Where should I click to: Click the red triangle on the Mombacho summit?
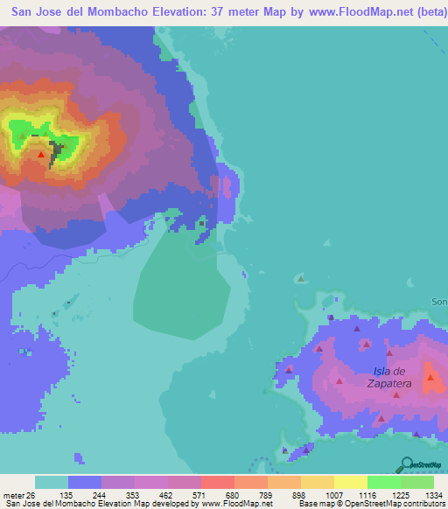click(41, 154)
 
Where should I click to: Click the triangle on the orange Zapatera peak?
click(430, 378)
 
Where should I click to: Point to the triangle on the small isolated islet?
click(300, 279)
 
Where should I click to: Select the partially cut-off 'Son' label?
click(439, 302)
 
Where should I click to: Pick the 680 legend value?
click(216, 494)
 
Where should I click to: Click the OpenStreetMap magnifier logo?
click(406, 464)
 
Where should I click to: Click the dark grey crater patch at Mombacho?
click(56, 153)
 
